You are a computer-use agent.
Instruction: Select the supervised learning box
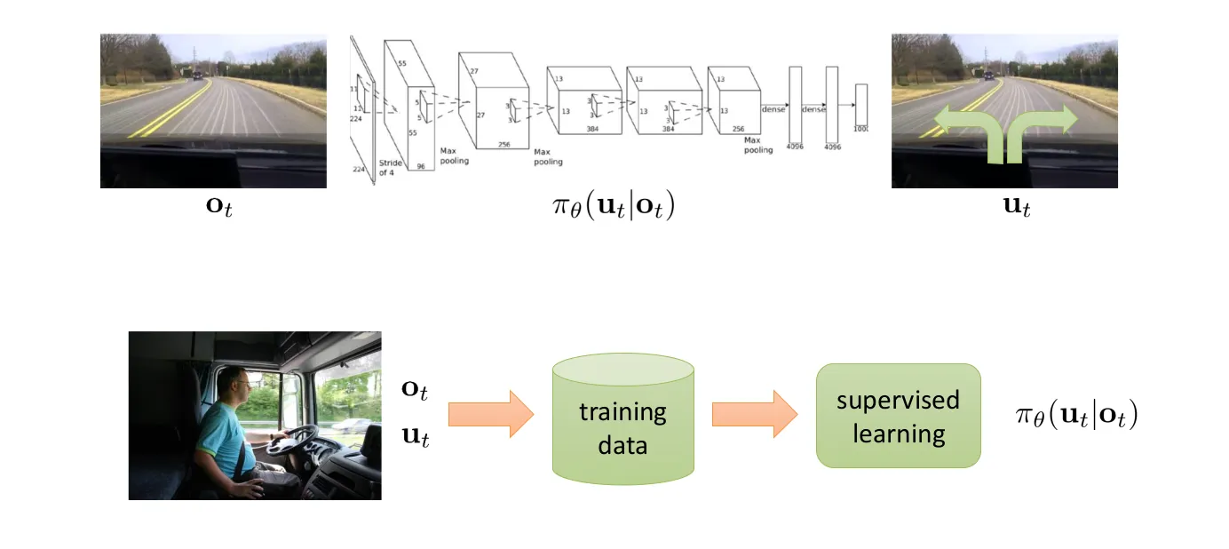tap(898, 416)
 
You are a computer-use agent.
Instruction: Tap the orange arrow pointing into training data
tap(489, 414)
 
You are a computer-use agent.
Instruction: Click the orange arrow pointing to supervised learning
tap(754, 414)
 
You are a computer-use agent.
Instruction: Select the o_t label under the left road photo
tap(212, 209)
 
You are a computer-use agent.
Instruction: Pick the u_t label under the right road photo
tap(1004, 209)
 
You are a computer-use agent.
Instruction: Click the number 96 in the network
tap(422, 165)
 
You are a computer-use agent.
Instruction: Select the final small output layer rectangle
tap(860, 106)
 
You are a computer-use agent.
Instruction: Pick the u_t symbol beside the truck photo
tap(416, 436)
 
